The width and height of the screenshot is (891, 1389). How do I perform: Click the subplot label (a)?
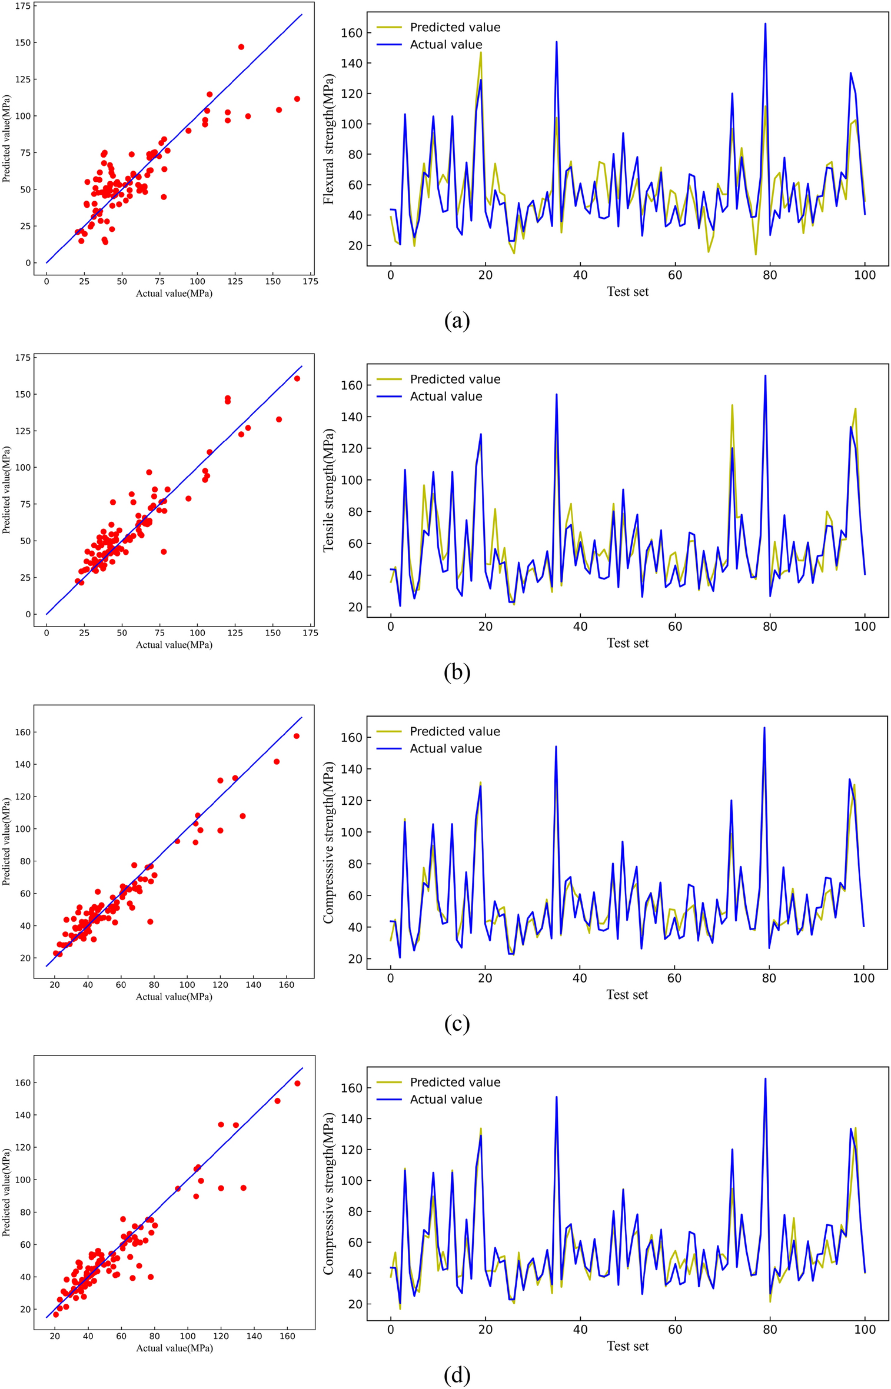(457, 321)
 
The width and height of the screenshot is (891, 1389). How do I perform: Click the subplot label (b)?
(457, 672)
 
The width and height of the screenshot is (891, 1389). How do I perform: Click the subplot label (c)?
(457, 1024)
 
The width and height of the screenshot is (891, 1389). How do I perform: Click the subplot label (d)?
(457, 1375)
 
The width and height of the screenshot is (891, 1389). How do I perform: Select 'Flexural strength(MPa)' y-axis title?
(329, 139)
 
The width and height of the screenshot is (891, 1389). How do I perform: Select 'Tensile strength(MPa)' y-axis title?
(329, 491)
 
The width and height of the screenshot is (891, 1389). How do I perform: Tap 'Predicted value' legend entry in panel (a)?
(455, 27)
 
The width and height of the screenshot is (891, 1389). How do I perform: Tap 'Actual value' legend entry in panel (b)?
(445, 397)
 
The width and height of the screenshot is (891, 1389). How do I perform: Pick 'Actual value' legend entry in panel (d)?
(445, 1100)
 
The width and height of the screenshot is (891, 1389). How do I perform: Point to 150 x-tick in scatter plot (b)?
(272, 633)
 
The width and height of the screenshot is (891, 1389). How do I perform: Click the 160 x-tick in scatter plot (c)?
(287, 985)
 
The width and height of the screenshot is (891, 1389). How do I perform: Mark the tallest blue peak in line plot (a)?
(765, 24)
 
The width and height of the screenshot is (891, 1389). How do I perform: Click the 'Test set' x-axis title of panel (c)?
(627, 995)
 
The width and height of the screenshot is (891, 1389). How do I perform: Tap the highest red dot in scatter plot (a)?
(241, 47)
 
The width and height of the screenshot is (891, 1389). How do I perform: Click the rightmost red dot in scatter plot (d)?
(297, 1084)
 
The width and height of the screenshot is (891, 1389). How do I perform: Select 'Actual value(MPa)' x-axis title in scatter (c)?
(174, 997)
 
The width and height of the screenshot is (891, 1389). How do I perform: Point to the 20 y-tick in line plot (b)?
(355, 607)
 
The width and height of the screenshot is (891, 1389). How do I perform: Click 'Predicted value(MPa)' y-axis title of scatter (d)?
(7, 1193)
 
